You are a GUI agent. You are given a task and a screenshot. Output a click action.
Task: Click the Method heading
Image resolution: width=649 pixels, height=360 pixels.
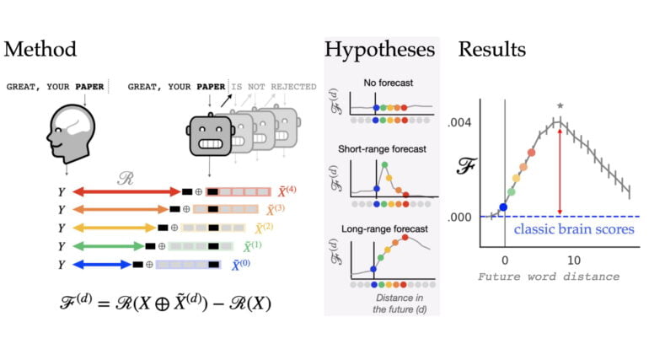[40, 49]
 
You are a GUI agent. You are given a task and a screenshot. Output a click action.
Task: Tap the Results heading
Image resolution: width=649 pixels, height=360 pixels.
[492, 49]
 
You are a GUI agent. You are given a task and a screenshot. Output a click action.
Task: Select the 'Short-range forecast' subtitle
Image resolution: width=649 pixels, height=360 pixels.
[382, 148]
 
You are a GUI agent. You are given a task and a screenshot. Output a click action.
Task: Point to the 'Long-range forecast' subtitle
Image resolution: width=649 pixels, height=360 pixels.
[382, 228]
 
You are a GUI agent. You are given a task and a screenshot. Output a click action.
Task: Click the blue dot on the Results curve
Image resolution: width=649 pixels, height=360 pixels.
[503, 207]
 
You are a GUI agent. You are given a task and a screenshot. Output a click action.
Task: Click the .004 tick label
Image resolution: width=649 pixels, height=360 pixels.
[465, 122]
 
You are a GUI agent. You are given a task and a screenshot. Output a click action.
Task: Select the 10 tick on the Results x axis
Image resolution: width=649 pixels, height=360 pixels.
[573, 261]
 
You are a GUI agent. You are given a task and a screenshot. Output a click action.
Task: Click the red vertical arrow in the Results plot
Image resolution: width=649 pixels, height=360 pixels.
[560, 169]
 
